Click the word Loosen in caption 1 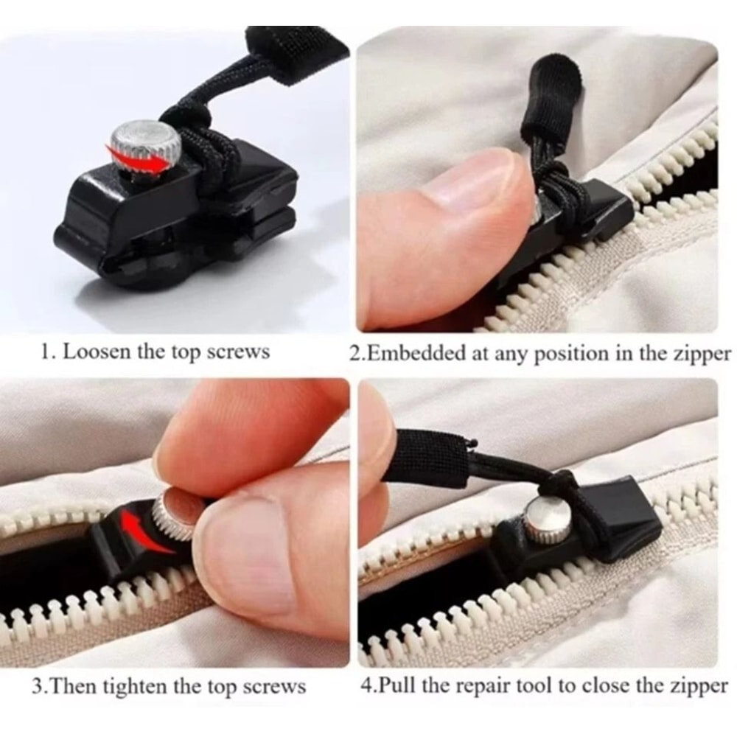tap(96, 351)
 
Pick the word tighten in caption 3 tap(133, 687)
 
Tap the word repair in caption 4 tap(480, 687)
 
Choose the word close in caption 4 tap(615, 686)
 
